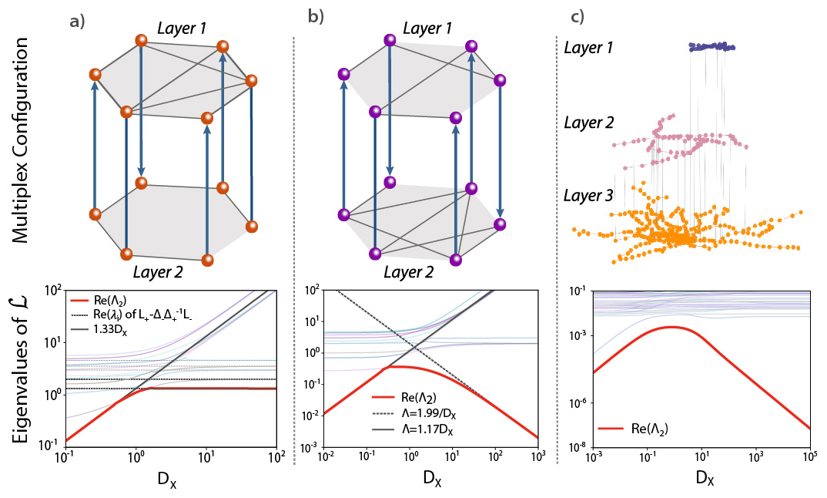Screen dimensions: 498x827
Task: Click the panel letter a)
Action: (x=77, y=22)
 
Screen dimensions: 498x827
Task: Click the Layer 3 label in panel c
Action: (x=589, y=197)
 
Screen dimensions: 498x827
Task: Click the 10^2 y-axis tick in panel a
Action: (x=52, y=291)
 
